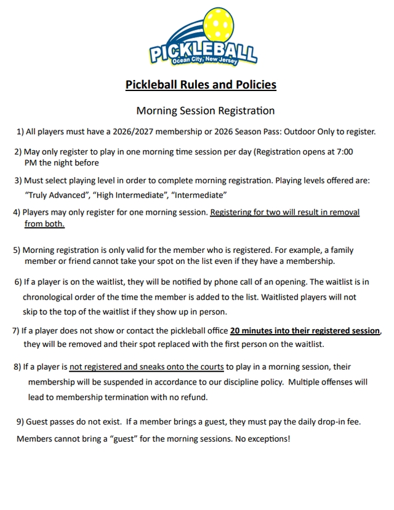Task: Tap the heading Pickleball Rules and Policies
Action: pyautogui.click(x=201, y=84)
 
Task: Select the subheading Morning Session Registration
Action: pyautogui.click(x=205, y=111)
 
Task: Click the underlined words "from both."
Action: pyautogui.click(x=44, y=224)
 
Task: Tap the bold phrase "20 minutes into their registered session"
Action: pyautogui.click(x=305, y=330)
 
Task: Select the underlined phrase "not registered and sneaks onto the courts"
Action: pyautogui.click(x=147, y=367)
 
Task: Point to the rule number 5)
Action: pyautogui.click(x=17, y=250)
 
